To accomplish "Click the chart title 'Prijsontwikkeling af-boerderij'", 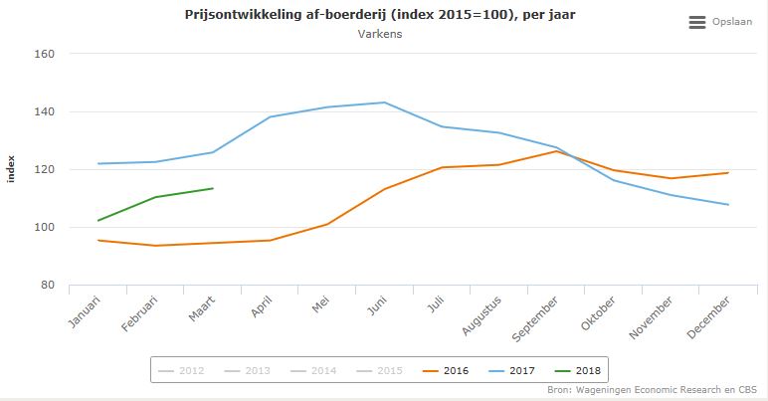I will [x=379, y=15].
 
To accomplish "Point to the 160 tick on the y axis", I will [x=42, y=55].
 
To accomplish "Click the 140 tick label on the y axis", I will [x=42, y=112].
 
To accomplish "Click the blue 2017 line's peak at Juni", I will [x=385, y=102].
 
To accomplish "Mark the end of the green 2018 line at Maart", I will [x=213, y=188].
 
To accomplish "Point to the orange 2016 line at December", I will [x=728, y=173].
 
